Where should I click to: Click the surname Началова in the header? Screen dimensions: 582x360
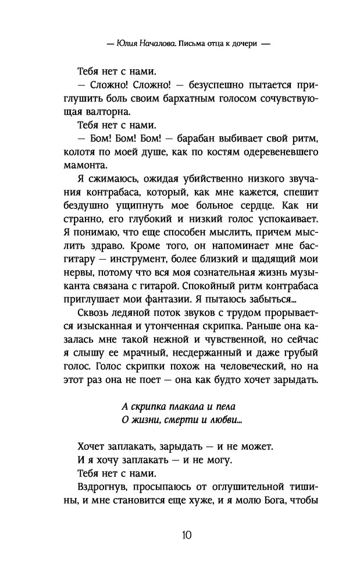(154, 44)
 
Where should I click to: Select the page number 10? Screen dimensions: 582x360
(180, 534)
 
